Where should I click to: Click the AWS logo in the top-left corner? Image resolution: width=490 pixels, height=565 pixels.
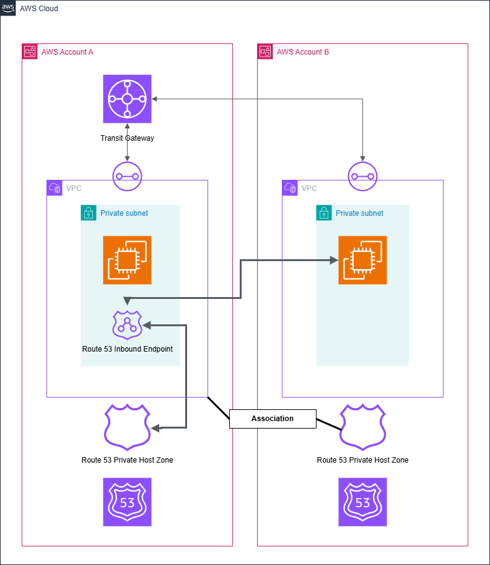8,8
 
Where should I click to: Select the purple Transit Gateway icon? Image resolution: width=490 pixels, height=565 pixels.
127,99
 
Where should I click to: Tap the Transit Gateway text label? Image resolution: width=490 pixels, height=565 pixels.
127,138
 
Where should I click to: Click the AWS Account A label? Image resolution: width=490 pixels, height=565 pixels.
67,51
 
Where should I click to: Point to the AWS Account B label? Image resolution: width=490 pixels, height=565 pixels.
303,51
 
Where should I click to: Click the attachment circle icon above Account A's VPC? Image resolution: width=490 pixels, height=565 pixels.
127,176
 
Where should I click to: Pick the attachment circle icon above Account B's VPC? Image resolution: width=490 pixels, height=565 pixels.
362,176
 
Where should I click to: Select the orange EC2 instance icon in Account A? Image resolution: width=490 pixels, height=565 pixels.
127,260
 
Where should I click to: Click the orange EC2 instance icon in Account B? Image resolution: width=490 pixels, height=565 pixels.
362,260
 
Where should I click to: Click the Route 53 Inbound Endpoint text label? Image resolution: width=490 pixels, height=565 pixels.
127,349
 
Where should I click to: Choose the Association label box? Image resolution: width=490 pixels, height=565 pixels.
273,419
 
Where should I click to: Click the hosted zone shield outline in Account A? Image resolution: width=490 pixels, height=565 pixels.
127,426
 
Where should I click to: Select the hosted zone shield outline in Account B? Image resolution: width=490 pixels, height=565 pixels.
362,426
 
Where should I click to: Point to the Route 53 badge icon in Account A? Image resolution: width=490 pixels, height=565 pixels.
127,502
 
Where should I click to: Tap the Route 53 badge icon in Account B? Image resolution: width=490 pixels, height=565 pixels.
362,502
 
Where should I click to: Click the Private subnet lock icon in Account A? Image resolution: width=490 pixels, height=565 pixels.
89,213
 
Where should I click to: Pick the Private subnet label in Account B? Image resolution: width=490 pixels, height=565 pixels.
359,213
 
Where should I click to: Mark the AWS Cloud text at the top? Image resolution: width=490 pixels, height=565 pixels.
39,9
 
